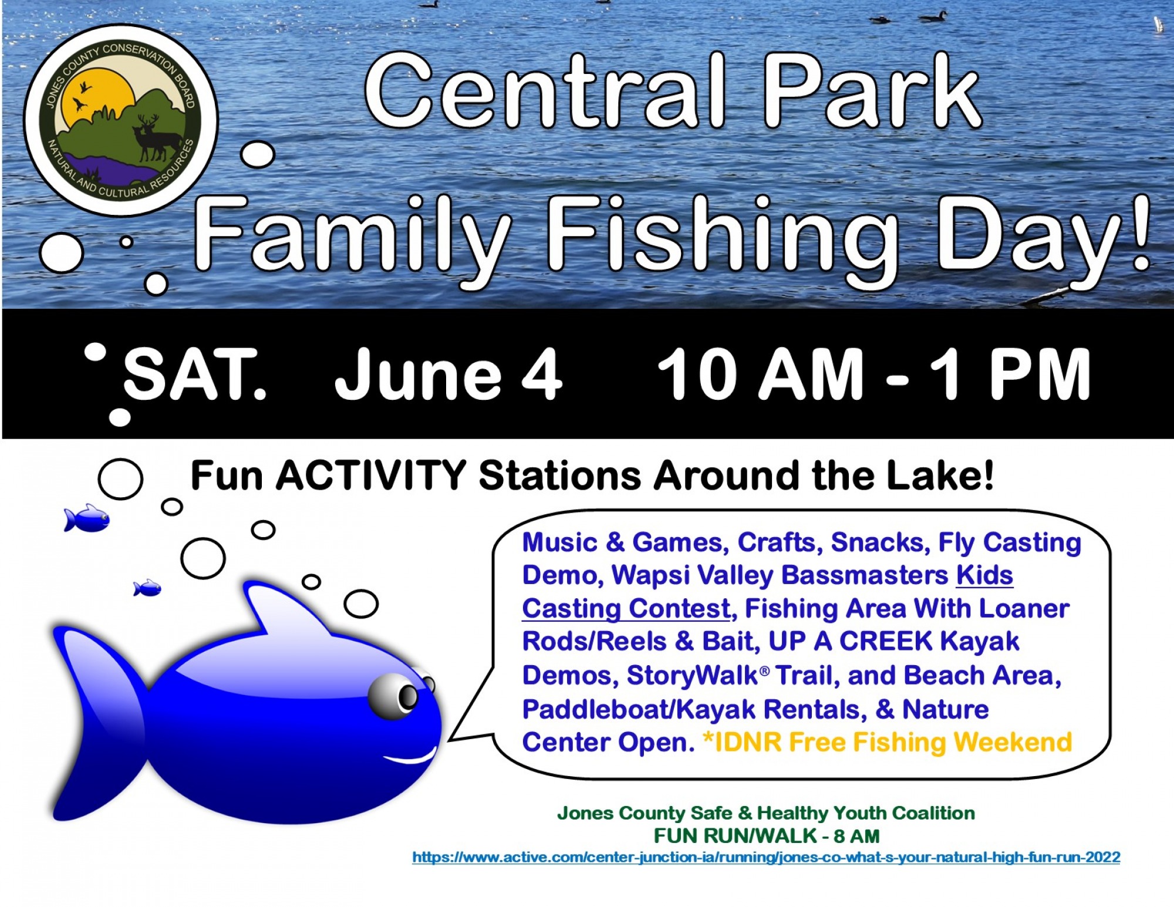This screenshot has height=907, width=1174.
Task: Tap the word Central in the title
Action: (x=545, y=92)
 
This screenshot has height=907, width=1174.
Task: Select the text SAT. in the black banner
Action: (x=194, y=374)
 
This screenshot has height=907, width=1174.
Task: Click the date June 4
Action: (x=448, y=374)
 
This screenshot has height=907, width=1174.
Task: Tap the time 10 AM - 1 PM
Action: (x=873, y=374)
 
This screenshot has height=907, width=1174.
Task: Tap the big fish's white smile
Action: (x=411, y=757)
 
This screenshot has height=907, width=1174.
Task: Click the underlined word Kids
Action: (x=984, y=575)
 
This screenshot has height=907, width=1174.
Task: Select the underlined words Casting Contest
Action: (x=626, y=609)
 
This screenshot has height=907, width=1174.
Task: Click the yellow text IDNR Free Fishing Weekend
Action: (x=888, y=743)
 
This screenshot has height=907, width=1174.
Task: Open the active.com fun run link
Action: (x=766, y=857)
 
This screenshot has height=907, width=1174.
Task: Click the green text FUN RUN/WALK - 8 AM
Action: (x=766, y=835)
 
